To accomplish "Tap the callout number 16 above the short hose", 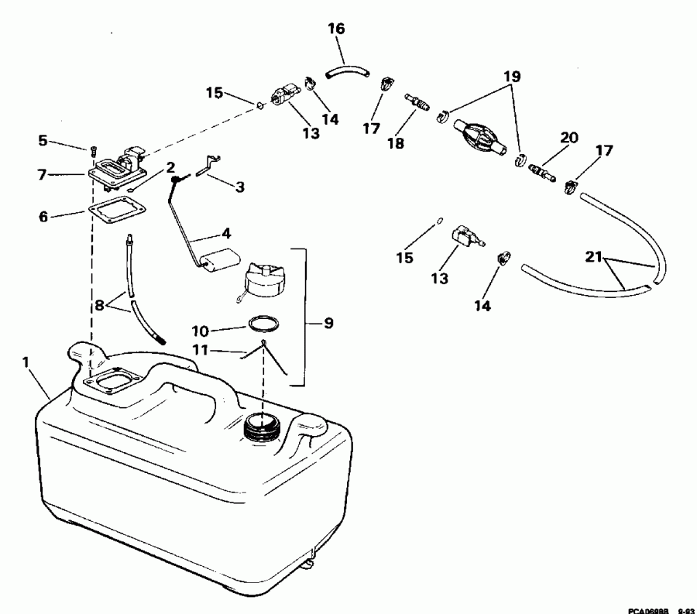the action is point(335,29).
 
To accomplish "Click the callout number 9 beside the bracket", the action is point(328,323).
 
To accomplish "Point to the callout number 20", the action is point(569,137).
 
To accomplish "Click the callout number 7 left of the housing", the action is point(44,174).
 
